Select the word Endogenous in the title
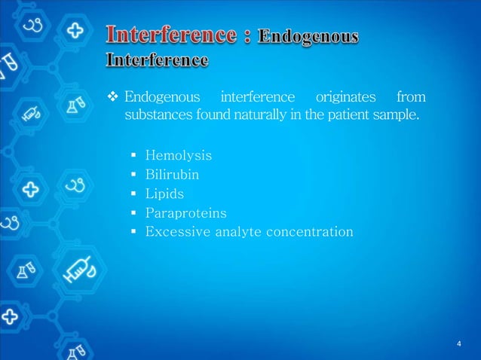pyautogui.click(x=308, y=37)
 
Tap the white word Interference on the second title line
pyautogui.click(x=158, y=59)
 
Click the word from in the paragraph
pyautogui.click(x=410, y=97)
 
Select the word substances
pyautogui.click(x=153, y=117)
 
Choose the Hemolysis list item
pyautogui.click(x=179, y=156)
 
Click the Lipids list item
pyautogui.click(x=164, y=194)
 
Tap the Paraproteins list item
pyautogui.click(x=185, y=213)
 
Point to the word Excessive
pyautogui.click(x=175, y=232)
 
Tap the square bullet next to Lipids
pyautogui.click(x=133, y=194)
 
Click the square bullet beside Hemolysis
pyautogui.click(x=133, y=156)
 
